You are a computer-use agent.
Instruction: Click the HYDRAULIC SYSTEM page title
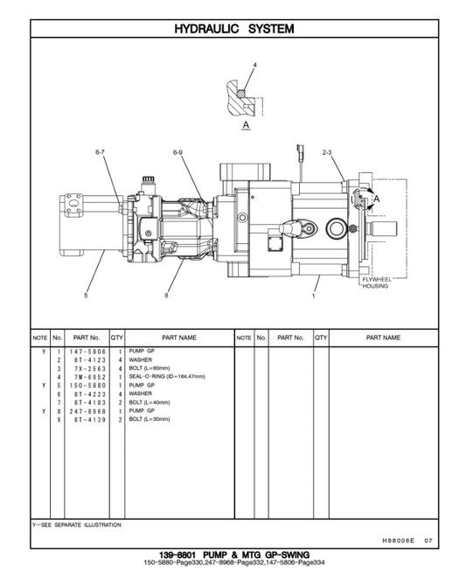(233, 29)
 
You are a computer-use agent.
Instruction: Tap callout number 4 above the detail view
(255, 66)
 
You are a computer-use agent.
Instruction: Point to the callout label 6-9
(177, 153)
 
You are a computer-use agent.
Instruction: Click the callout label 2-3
(327, 153)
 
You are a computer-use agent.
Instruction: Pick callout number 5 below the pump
(86, 296)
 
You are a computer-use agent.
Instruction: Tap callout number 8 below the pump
(165, 296)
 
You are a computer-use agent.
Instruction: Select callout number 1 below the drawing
(312, 296)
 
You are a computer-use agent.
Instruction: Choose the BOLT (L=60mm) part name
(152, 368)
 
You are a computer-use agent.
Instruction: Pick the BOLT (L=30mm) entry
(152, 420)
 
